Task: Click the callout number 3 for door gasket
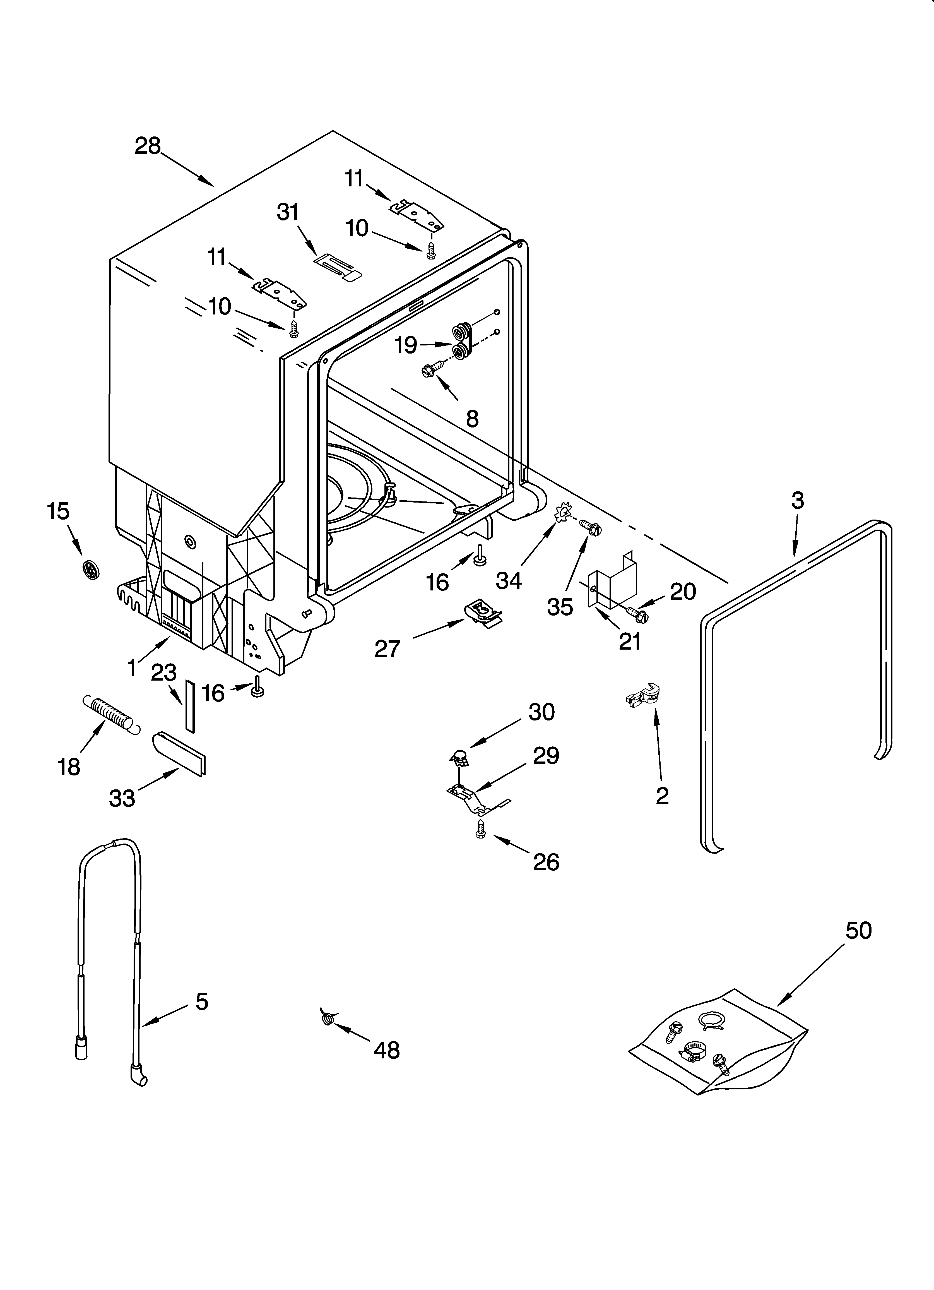[798, 501]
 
